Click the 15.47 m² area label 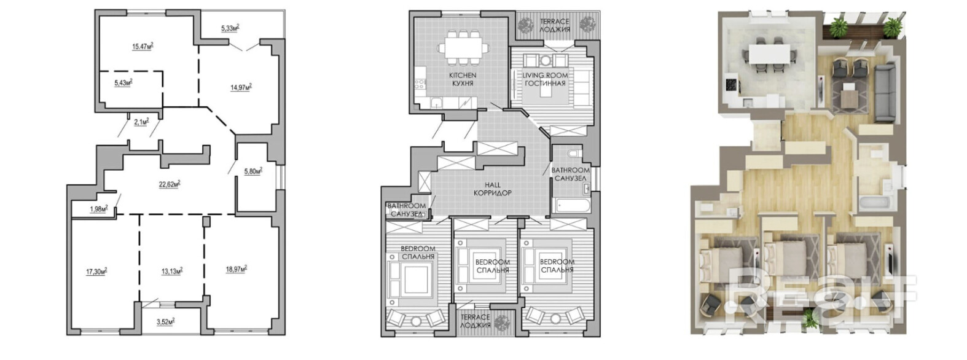(143, 45)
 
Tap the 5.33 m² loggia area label (230, 28)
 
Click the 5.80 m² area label (253, 171)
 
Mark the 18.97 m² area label (237, 268)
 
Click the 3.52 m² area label (165, 321)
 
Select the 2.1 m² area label (141, 122)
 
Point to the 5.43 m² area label (123, 82)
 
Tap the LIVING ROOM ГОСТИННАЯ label (545, 79)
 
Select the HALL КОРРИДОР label (492, 189)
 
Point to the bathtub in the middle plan (571, 204)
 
